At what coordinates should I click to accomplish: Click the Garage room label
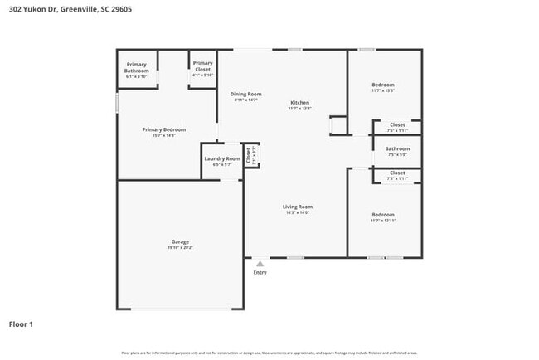point(180,241)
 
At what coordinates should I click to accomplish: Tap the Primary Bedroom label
point(163,129)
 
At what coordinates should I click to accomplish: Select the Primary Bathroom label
point(137,67)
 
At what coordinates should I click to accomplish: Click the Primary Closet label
point(202,66)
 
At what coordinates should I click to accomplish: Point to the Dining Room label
point(245,95)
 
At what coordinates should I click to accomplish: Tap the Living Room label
point(297,207)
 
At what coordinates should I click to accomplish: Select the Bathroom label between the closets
point(397,148)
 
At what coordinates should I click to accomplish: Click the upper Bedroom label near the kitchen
point(383,85)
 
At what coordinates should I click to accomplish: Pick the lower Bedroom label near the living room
point(383,215)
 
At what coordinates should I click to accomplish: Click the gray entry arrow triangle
point(260,264)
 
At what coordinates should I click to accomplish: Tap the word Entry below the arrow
point(260,273)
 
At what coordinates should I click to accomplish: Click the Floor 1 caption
point(21,324)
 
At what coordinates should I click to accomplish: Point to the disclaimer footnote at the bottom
point(269,353)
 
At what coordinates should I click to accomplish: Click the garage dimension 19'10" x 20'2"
point(180,246)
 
